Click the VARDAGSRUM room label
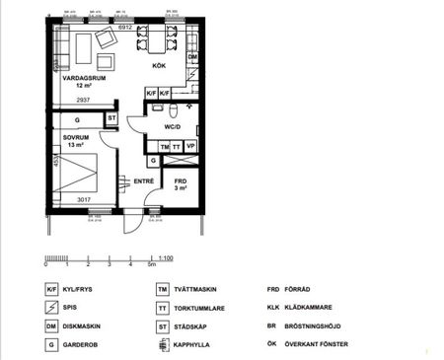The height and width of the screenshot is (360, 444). tap(78, 76)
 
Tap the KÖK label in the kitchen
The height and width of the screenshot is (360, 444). tap(159, 66)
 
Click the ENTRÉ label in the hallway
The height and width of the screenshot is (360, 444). tap(145, 180)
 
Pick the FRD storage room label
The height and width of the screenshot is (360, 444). tap(181, 181)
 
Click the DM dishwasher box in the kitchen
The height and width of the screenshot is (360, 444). tap(192, 58)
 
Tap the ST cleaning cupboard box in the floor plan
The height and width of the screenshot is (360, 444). tap(111, 119)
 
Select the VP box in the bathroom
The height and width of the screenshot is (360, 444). tap(190, 145)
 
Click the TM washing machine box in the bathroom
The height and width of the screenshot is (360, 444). tap(164, 145)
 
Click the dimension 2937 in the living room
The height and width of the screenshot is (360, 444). tap(83, 100)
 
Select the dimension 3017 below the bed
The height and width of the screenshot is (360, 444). tap(85, 198)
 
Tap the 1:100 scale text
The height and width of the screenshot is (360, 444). tap(166, 257)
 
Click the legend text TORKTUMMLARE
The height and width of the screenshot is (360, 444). tap(205, 308)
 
